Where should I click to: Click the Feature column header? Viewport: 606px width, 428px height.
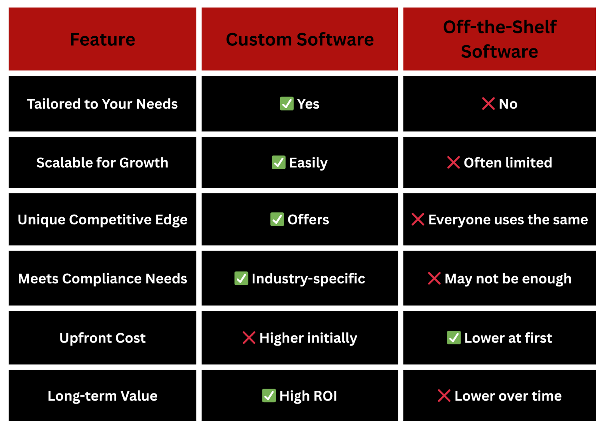coord(103,39)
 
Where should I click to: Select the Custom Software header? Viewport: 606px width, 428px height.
coord(300,39)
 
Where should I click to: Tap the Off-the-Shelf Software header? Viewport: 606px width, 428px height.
coord(500,39)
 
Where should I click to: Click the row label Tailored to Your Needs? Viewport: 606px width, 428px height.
coord(102,104)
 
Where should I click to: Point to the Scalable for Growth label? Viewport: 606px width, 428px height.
coord(102,163)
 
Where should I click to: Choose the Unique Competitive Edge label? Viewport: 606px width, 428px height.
coord(103,219)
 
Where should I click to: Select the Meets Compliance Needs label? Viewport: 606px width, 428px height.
coord(103,279)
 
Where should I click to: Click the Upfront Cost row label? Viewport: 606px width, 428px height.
coord(103,338)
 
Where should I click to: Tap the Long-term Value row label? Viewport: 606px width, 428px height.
coord(103,396)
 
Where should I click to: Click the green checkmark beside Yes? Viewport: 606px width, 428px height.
coord(287,104)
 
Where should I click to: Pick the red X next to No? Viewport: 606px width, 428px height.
coord(488,104)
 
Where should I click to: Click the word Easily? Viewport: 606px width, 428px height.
coord(308,163)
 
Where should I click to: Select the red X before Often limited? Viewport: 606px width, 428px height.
coord(453,162)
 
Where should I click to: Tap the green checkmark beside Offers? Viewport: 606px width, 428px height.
coord(277,219)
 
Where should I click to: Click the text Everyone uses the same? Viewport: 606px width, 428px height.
coord(508,219)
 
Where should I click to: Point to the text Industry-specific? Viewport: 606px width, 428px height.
coord(308,279)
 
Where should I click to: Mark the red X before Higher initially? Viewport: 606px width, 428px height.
coord(249,338)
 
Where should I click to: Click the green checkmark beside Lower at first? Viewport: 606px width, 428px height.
coord(454,338)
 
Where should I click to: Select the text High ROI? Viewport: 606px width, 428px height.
coord(308,396)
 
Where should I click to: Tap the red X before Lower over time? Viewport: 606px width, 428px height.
coord(444,395)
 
